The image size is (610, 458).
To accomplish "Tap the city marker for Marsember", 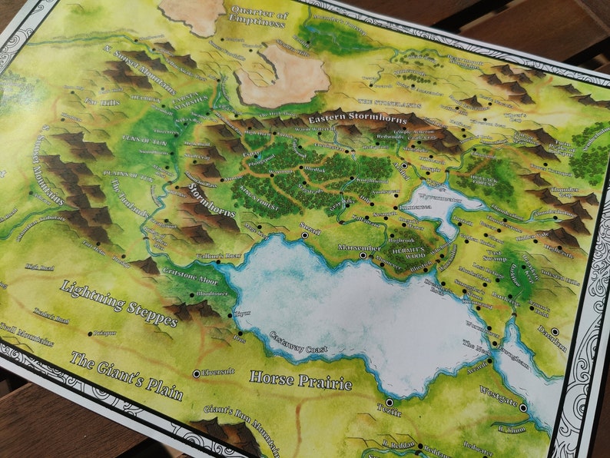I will tap(363, 254).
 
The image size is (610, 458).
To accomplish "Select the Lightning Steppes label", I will tap(119, 302).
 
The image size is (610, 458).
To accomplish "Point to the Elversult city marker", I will tap(197, 373).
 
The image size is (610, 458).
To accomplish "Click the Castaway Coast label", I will tap(299, 343).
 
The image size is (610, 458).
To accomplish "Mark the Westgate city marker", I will tap(522, 407).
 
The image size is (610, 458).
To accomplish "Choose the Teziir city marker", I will tap(389, 402).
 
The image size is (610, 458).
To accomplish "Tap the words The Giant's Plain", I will tap(126, 376).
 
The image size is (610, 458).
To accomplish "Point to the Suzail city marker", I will tap(305, 235).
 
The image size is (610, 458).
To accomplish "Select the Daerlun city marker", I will tap(555, 331).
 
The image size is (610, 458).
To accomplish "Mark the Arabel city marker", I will tap(404, 165).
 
